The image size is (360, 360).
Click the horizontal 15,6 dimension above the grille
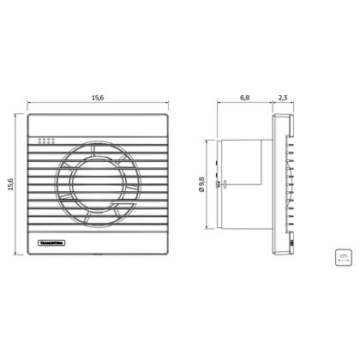(98, 98)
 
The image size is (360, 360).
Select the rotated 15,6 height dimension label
(10, 184)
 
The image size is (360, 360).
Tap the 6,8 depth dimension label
(245, 98)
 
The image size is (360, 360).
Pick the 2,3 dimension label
(283, 98)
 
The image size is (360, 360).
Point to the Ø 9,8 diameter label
(202, 184)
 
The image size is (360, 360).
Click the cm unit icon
(343, 257)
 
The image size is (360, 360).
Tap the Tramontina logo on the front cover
(51, 243)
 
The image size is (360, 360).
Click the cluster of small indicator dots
(46, 141)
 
